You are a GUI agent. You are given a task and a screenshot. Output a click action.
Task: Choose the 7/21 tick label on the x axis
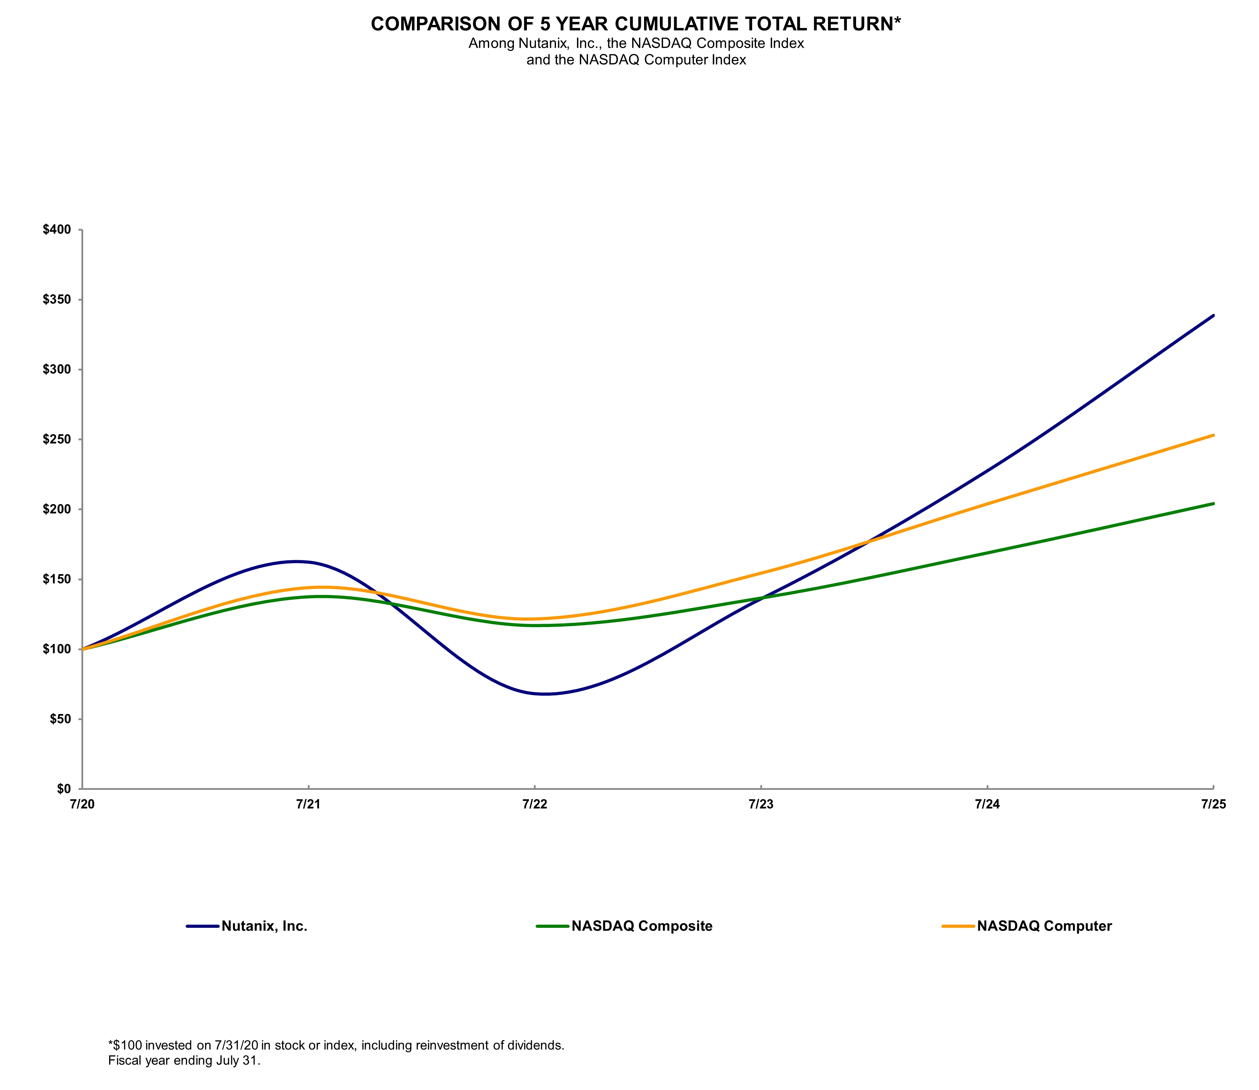coord(309,805)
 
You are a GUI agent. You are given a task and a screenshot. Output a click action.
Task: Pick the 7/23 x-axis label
coord(761,805)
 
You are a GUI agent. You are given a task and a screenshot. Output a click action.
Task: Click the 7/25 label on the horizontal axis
coord(1213,805)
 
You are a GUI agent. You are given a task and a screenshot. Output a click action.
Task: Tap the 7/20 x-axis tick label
coord(82,805)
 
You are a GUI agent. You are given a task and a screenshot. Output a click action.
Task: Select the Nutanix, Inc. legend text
coord(265,926)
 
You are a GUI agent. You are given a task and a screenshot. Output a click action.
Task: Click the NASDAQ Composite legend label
coord(642,926)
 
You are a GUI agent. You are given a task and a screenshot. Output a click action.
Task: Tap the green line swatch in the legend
coord(552,926)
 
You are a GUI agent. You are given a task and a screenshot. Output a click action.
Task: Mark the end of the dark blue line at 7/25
coord(1213,316)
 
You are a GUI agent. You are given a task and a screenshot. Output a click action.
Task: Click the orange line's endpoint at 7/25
coord(1213,436)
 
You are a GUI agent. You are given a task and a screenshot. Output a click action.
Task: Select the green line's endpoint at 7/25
coord(1213,504)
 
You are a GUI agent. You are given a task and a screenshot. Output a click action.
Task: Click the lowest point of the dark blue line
coord(545,694)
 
